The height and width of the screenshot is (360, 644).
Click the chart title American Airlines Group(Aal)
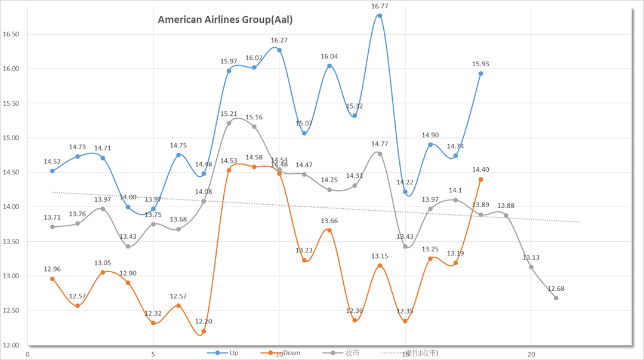pyautogui.click(x=225, y=20)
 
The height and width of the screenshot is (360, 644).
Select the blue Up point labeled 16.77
pyautogui.click(x=380, y=16)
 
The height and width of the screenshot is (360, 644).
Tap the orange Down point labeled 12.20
pyautogui.click(x=204, y=331)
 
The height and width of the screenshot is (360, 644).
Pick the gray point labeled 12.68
pyautogui.click(x=556, y=298)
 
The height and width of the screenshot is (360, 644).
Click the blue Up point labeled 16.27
pyautogui.click(x=279, y=50)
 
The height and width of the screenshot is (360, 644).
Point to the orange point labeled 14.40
pyautogui.click(x=480, y=180)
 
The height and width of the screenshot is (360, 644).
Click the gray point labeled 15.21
pyautogui.click(x=229, y=123)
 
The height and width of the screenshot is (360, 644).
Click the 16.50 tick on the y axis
pyautogui.click(x=11, y=34)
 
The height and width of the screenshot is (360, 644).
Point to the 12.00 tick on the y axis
pyautogui.click(x=11, y=345)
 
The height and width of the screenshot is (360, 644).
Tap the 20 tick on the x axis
pyautogui.click(x=531, y=355)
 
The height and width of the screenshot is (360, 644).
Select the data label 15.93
pyautogui.click(x=480, y=64)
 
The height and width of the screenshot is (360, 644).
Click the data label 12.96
pyautogui.click(x=53, y=269)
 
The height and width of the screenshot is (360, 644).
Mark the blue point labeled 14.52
pyautogui.click(x=53, y=171)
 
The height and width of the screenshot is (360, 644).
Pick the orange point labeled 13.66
pyautogui.click(x=329, y=230)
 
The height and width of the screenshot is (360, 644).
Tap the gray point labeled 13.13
pyautogui.click(x=531, y=267)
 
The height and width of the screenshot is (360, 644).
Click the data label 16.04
pyautogui.click(x=329, y=57)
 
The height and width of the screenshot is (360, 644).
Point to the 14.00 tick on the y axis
pyautogui.click(x=11, y=207)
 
